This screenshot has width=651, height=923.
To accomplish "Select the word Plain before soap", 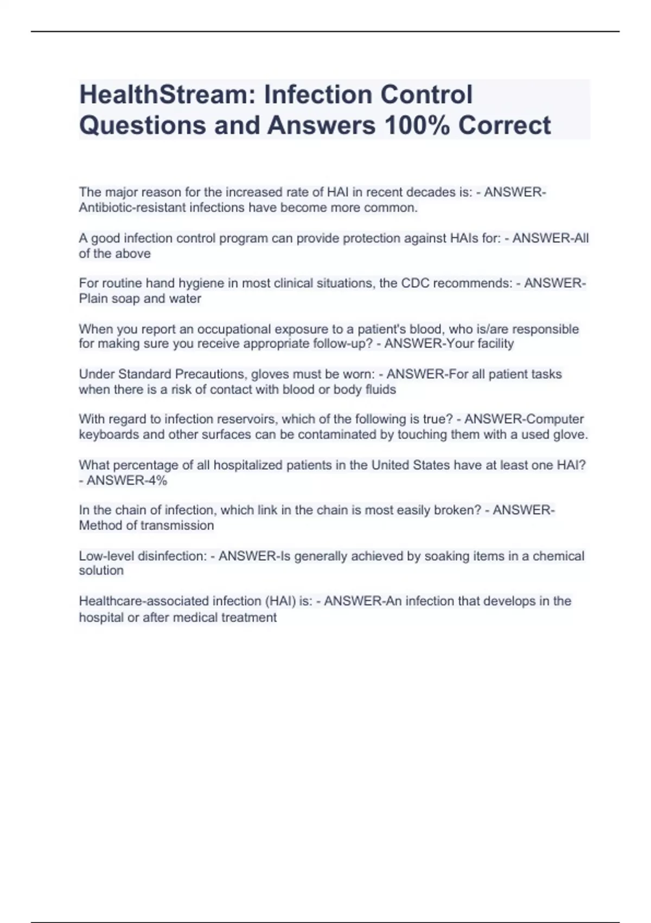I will click(x=93, y=299).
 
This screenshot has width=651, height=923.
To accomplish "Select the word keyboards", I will click(x=108, y=434).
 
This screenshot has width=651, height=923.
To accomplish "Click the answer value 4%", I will click(x=155, y=480).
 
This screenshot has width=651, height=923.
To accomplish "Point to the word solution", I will click(x=101, y=571).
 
